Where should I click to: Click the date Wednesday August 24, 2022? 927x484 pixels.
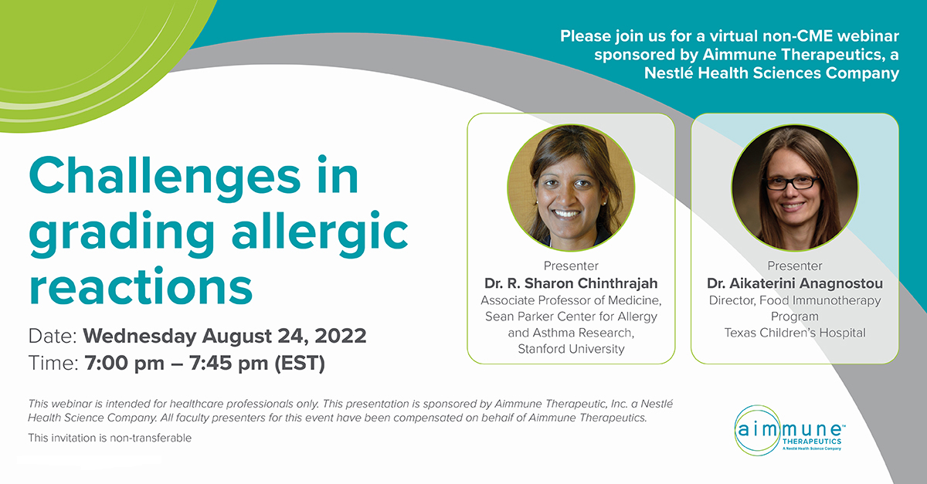(224, 337)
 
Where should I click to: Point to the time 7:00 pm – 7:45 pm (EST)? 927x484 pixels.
(204, 363)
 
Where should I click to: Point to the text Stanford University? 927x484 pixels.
(571, 350)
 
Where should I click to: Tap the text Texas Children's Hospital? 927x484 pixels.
(795, 333)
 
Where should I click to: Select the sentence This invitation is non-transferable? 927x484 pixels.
(110, 438)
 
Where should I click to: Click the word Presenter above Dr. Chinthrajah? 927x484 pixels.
(571, 266)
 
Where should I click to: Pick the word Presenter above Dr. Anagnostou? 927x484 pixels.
(795, 266)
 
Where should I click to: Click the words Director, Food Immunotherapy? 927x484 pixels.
(795, 300)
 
